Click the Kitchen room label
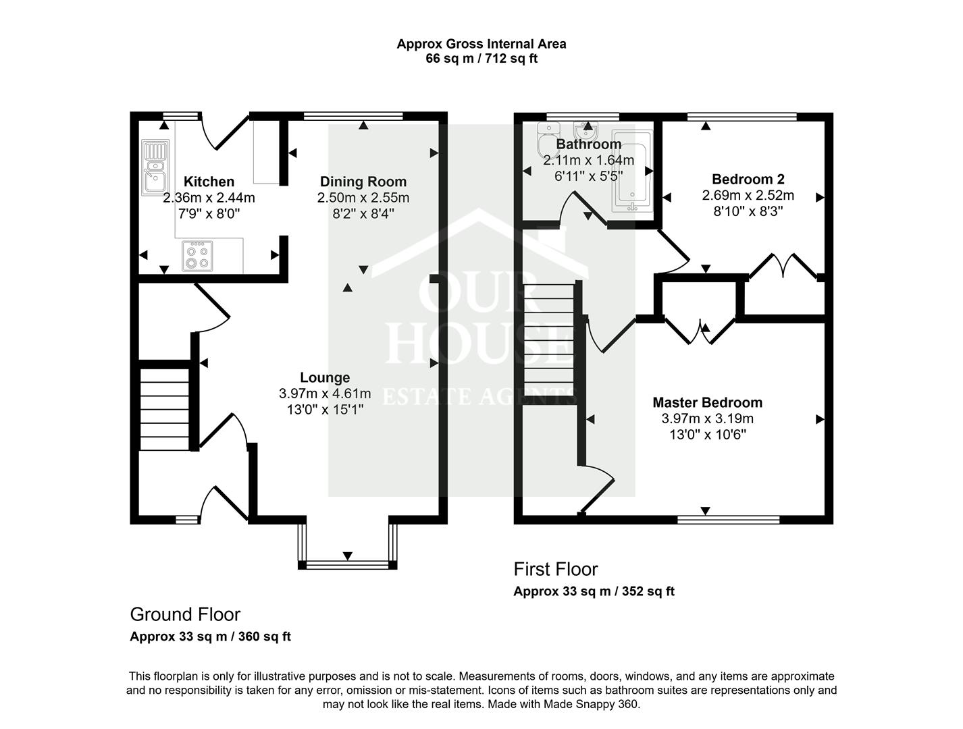pos(209,182)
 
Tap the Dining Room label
pos(363,182)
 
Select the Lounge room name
pos(325,378)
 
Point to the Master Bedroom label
pos(707,402)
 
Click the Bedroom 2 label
pos(748,179)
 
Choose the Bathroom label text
pos(588,144)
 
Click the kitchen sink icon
pos(155,167)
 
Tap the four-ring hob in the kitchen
pos(197,256)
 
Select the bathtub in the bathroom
pos(632,171)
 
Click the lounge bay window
pos(347,563)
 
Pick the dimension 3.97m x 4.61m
pos(325,394)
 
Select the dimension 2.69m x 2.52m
pos(748,195)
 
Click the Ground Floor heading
pos(185,614)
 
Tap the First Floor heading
pos(556,569)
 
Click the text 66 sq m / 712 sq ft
pos(481,59)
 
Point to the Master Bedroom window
pos(728,520)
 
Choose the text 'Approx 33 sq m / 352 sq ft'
pos(594,591)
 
